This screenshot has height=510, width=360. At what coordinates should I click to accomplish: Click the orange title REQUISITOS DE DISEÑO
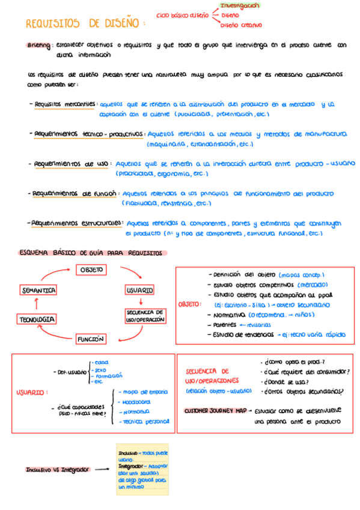85,23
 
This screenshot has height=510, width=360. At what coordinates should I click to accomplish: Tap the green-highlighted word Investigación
240,5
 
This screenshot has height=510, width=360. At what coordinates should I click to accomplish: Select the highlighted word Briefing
39,45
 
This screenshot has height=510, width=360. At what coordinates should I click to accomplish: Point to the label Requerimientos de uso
71,163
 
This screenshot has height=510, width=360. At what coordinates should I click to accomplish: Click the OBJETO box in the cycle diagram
91,270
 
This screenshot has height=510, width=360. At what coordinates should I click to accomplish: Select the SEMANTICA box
39,290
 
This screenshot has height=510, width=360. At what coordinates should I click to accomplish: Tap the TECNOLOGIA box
37,319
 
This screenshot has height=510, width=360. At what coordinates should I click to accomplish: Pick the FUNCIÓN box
91,339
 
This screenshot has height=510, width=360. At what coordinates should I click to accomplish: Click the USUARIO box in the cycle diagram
139,290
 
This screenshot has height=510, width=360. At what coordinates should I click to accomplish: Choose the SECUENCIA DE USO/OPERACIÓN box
145,316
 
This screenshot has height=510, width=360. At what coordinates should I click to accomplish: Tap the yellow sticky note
143,470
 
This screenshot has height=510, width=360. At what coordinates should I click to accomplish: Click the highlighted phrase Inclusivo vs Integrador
57,469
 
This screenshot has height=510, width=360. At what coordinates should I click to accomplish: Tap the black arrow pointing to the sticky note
102,469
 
